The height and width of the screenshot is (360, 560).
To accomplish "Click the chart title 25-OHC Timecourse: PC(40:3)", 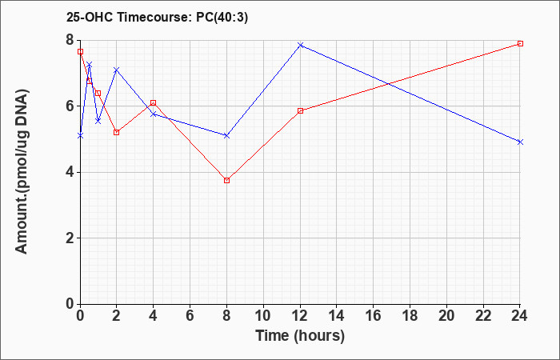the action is [157, 18].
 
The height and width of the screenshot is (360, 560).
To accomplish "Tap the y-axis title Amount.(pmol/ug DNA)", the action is [22, 172].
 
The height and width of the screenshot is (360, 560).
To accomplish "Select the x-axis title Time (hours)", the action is [300, 336].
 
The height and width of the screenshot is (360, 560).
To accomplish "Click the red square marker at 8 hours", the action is [226, 180].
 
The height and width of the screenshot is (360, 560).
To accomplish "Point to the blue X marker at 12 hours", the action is [300, 45].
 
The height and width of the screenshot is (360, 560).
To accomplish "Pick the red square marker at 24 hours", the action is [520, 43].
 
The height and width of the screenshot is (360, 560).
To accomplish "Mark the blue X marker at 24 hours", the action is [520, 142].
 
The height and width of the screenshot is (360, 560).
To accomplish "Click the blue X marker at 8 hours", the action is [226, 136].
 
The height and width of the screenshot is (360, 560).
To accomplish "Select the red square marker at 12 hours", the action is [300, 110].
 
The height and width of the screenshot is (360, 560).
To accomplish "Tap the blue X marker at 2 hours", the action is [117, 70].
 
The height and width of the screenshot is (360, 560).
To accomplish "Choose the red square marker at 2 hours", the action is [117, 132].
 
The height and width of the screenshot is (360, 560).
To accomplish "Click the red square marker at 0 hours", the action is [80, 52].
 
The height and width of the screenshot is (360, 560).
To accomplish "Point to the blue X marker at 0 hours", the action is [80, 136].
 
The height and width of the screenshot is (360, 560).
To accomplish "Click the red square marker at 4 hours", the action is [154, 103].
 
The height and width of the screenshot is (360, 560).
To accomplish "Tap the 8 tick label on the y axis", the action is [70, 40].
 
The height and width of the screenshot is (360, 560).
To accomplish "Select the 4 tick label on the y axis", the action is [70, 172].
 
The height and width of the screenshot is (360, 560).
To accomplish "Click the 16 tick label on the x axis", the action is [374, 316].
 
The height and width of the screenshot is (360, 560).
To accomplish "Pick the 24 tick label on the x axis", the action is [520, 316].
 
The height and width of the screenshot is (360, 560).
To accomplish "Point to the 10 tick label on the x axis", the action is [263, 316].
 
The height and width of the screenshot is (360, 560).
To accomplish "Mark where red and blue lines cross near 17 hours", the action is [388, 84].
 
